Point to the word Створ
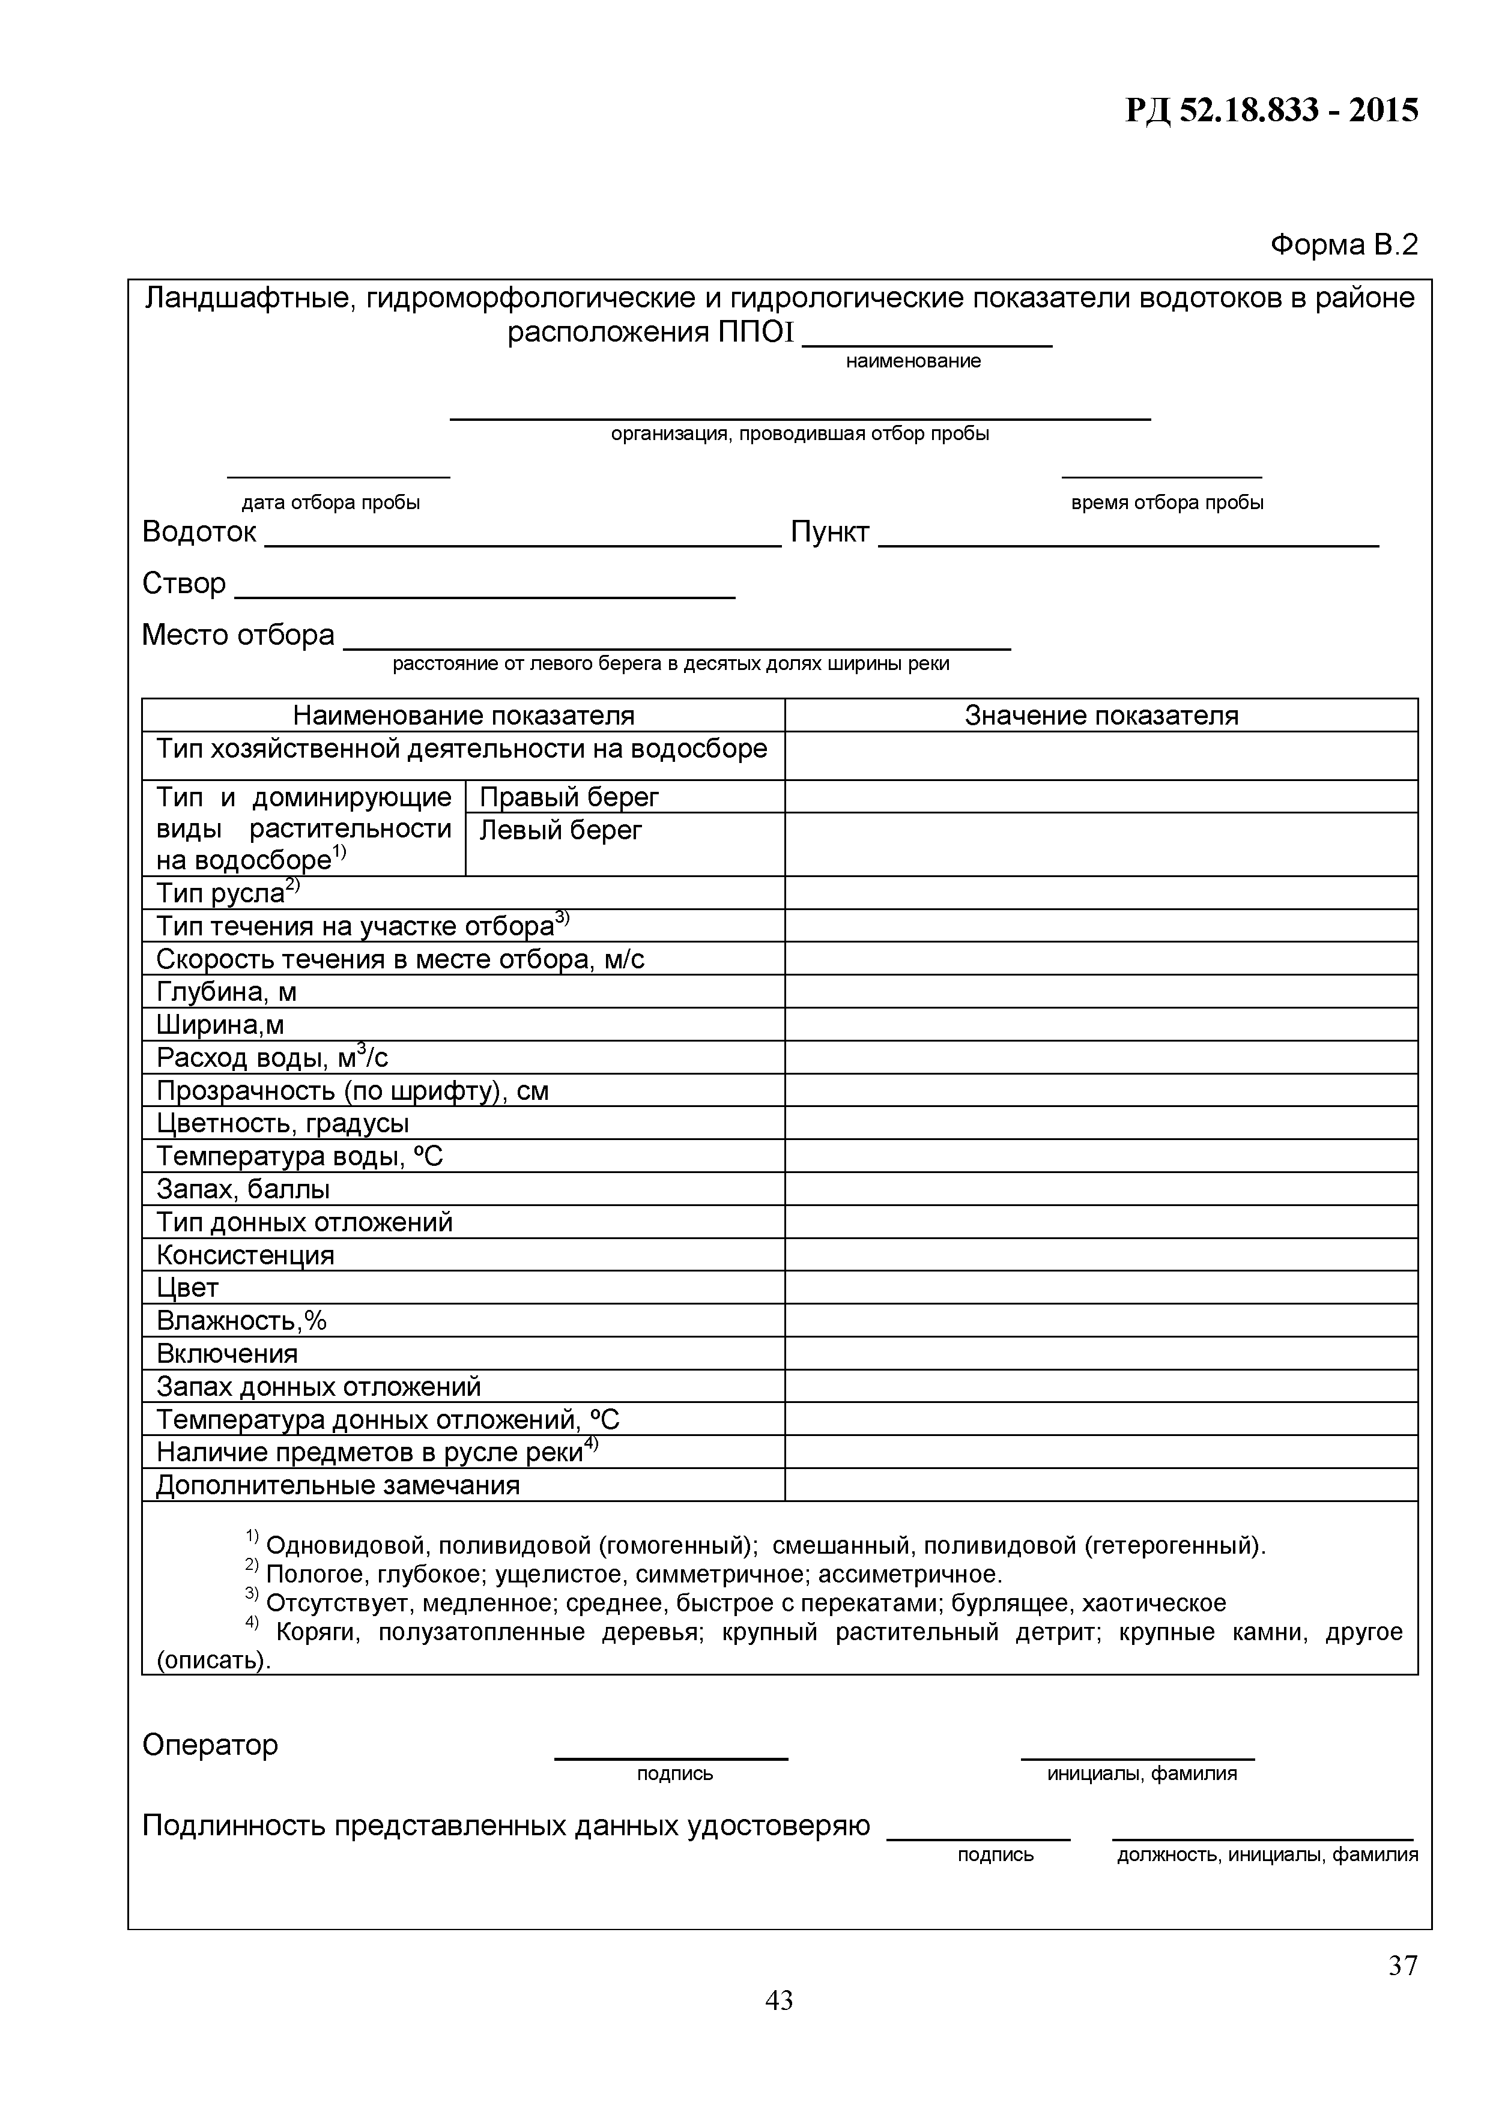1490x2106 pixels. point(184,584)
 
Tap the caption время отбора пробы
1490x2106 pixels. point(1166,502)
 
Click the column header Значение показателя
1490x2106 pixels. point(1100,716)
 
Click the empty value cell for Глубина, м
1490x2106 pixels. point(1100,992)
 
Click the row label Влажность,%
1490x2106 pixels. point(241,1320)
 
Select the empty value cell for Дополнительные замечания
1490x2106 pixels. point(1100,1485)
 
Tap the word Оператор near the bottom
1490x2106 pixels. point(210,1745)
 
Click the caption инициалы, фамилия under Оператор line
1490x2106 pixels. point(1141,1774)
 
